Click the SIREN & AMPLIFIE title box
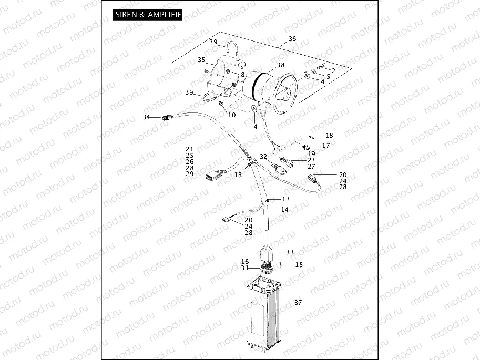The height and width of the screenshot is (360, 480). coord(148,15)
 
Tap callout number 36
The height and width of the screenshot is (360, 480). coord(292,39)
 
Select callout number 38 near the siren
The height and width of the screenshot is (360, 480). coord(280,65)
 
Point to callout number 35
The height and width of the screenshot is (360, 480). coord(201,60)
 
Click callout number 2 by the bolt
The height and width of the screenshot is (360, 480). coord(333,70)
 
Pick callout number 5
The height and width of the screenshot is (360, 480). coord(328,76)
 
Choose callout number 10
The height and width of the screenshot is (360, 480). coord(232,115)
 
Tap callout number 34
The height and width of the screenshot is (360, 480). coord(147,117)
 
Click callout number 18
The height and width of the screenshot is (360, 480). coord(329,136)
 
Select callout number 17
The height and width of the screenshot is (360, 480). coord(326,145)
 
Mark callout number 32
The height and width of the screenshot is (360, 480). coord(263,156)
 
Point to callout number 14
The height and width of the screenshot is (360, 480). coord(284,209)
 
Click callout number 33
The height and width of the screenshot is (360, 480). coord(290,252)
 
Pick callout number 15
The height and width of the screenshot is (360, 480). coord(299,264)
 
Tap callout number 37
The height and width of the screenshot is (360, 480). coord(298,302)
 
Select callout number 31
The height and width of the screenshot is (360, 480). coord(244,268)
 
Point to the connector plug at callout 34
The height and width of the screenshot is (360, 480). coord(168,118)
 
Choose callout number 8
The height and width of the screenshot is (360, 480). coord(242,75)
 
